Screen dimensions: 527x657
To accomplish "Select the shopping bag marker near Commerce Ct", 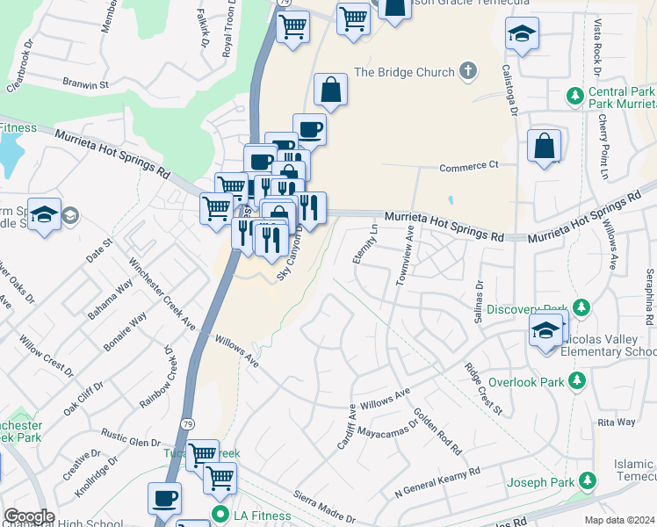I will [x=544, y=146].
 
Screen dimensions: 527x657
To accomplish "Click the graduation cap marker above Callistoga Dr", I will [x=522, y=33].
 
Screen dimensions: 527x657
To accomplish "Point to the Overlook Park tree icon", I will [x=576, y=380].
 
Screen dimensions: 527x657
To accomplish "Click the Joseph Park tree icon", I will [x=588, y=481].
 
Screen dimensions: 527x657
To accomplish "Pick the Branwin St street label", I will [x=84, y=85].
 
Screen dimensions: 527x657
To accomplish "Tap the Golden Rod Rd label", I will [x=437, y=431].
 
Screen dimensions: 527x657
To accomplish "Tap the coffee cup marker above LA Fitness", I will [x=164, y=498].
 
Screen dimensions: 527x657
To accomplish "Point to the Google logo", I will [x=29, y=516].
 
